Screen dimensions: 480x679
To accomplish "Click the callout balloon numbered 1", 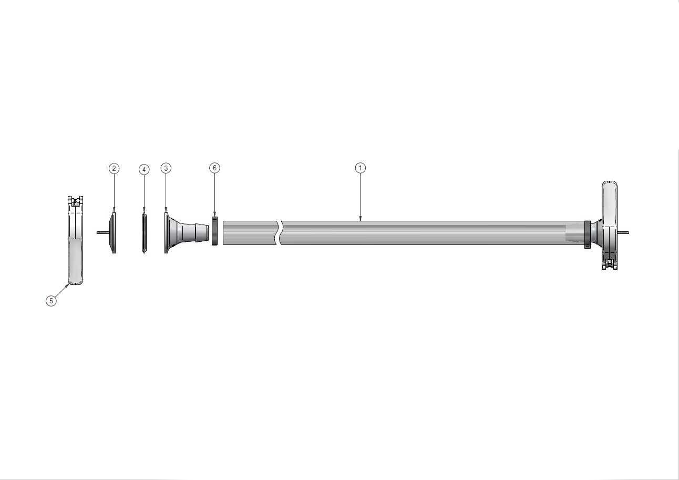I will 360,168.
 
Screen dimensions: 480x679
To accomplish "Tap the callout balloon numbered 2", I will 114,168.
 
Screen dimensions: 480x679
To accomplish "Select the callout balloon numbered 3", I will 166,168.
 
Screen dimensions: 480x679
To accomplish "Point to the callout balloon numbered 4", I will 144,169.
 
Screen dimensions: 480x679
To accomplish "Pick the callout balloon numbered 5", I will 51,301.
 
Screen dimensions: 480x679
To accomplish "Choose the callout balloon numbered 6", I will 214,168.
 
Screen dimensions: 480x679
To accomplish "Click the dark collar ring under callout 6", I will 214,231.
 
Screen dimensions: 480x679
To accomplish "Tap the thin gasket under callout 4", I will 145,233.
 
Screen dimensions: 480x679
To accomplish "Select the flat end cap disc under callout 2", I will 113,233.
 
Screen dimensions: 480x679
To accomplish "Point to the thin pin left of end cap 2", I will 102,232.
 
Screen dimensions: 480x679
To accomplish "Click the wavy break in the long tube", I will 279,232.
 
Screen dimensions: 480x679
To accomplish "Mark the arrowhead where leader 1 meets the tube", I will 360,219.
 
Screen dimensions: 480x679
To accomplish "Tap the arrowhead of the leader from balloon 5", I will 68,284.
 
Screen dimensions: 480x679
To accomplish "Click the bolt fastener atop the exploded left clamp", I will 76,201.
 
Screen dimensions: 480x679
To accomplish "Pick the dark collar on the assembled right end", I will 588,233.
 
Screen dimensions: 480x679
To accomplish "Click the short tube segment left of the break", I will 250,232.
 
